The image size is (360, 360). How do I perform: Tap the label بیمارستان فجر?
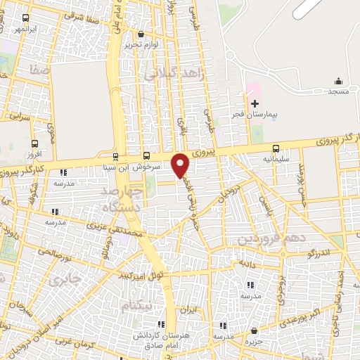point(255,113)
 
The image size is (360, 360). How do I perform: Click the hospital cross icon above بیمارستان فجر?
point(255,103)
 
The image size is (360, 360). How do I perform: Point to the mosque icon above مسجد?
point(339,81)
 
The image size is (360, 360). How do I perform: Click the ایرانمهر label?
point(25,30)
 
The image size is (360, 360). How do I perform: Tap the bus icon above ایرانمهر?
point(26,18)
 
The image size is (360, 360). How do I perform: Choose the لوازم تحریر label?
point(139,44)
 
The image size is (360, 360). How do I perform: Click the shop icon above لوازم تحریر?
point(141,34)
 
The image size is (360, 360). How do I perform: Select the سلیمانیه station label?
point(276,159)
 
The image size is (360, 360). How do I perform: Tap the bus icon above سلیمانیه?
point(275,149)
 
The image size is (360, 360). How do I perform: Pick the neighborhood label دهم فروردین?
point(271,239)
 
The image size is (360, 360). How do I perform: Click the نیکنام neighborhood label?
point(136,307)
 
